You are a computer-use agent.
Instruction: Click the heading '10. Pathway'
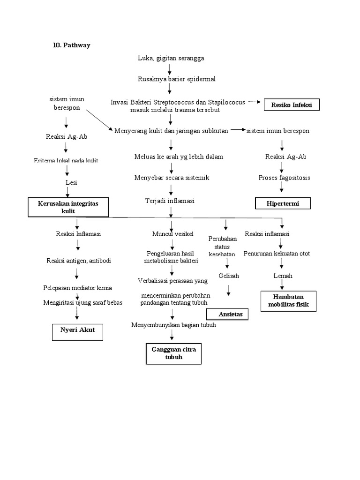click(x=71, y=45)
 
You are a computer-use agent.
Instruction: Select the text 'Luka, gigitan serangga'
click(x=171, y=58)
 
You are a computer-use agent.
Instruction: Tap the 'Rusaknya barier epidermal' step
click(x=177, y=79)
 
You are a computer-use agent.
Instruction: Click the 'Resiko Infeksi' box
click(x=292, y=105)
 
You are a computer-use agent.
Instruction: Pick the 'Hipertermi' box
click(x=283, y=203)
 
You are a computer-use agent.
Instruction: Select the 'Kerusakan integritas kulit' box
click(x=68, y=207)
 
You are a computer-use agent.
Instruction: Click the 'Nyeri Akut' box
click(x=77, y=330)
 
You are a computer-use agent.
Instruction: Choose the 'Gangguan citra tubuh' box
click(x=173, y=353)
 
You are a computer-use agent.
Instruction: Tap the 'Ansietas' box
click(x=227, y=314)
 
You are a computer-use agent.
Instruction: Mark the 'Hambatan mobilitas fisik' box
click(x=289, y=301)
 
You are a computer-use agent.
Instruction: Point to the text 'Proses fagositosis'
click(x=284, y=178)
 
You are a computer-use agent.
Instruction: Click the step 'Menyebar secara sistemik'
click(x=172, y=178)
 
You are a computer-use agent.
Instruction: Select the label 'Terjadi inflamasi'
click(x=170, y=201)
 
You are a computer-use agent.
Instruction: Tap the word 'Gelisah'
click(x=228, y=276)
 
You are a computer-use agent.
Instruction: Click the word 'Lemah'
click(x=283, y=276)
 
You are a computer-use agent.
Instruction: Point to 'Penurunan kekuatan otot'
click(x=277, y=254)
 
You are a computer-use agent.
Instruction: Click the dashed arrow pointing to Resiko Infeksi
click(x=254, y=102)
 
